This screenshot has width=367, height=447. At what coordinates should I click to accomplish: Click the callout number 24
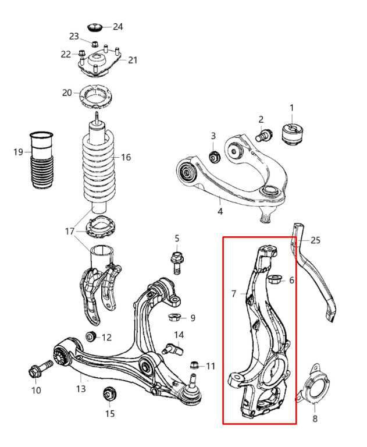coord(118,26)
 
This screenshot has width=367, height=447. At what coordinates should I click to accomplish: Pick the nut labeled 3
coord(214,156)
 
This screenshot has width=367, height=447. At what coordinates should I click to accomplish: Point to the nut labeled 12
coord(90,336)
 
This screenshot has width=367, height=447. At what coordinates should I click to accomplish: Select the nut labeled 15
coord(108,394)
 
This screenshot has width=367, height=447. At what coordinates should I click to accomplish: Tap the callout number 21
coord(133,60)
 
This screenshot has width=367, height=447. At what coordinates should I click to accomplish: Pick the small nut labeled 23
coord(93,44)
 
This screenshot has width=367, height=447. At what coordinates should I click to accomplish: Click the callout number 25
coord(315,240)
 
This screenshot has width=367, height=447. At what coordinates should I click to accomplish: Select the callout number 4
coord(220,211)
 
